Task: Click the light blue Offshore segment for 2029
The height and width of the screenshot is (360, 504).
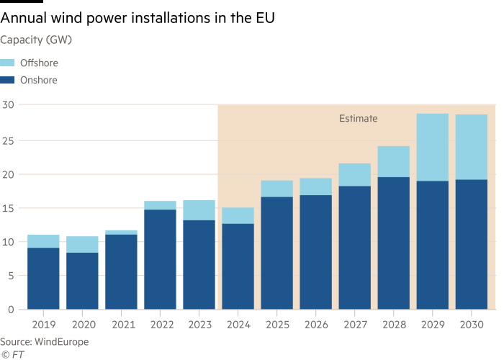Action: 432,147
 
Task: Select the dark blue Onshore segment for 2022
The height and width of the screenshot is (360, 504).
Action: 160,259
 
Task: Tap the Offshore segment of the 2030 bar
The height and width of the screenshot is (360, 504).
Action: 471,147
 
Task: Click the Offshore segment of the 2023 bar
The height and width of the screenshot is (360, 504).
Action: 199,210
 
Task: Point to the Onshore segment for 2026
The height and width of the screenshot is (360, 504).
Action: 315,252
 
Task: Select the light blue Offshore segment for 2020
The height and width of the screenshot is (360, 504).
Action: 82,244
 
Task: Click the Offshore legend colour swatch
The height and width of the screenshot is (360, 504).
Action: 8,63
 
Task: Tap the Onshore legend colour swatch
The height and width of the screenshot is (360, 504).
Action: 8,81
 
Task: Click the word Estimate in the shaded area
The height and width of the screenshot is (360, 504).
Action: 358,118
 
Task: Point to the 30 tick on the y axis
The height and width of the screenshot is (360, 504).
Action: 8,105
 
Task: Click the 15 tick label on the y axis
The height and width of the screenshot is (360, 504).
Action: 8,208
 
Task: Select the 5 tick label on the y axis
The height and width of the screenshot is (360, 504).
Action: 11,276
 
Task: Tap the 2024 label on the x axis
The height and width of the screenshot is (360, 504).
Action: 238,324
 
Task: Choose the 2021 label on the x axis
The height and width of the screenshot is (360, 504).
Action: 121,324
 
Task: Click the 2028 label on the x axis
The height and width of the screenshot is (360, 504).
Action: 393,324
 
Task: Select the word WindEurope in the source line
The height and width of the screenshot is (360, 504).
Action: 60,341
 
